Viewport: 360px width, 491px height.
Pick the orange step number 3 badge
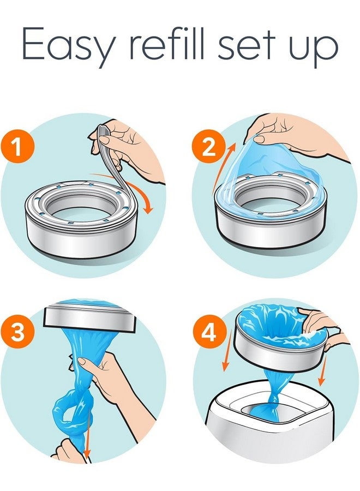tap(19, 332)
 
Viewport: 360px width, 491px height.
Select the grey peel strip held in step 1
tap(109, 155)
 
